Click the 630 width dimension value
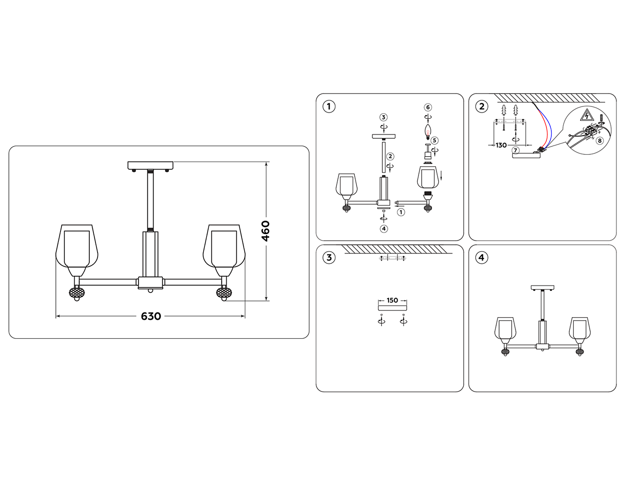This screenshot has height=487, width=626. point(151,316)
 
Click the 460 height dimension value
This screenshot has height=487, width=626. point(266,231)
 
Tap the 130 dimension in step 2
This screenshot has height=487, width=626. point(501,145)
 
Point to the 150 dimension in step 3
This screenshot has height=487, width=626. point(392,300)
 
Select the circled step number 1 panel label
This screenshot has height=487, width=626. point(329,107)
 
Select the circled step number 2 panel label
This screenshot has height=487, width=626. point(482,106)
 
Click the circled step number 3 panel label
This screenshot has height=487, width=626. point(329,257)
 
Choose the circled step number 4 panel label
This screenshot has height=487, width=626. point(482,257)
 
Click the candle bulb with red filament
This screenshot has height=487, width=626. point(428,132)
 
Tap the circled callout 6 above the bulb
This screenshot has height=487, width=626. point(428,108)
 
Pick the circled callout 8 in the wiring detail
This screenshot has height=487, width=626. point(600,141)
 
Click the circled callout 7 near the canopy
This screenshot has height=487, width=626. point(516,150)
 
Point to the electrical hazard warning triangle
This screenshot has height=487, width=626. point(588,115)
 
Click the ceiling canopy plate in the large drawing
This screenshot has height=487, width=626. point(150,165)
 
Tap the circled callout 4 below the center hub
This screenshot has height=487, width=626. point(384,229)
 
